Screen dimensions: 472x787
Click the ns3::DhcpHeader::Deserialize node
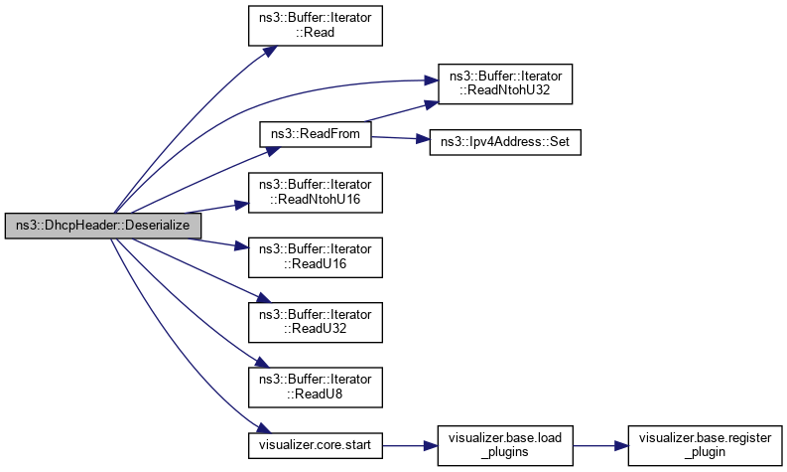103,227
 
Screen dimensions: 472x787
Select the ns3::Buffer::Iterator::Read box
315,25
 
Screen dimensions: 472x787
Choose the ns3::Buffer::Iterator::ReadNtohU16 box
315,193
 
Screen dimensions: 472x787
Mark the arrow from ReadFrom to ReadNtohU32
397,113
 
